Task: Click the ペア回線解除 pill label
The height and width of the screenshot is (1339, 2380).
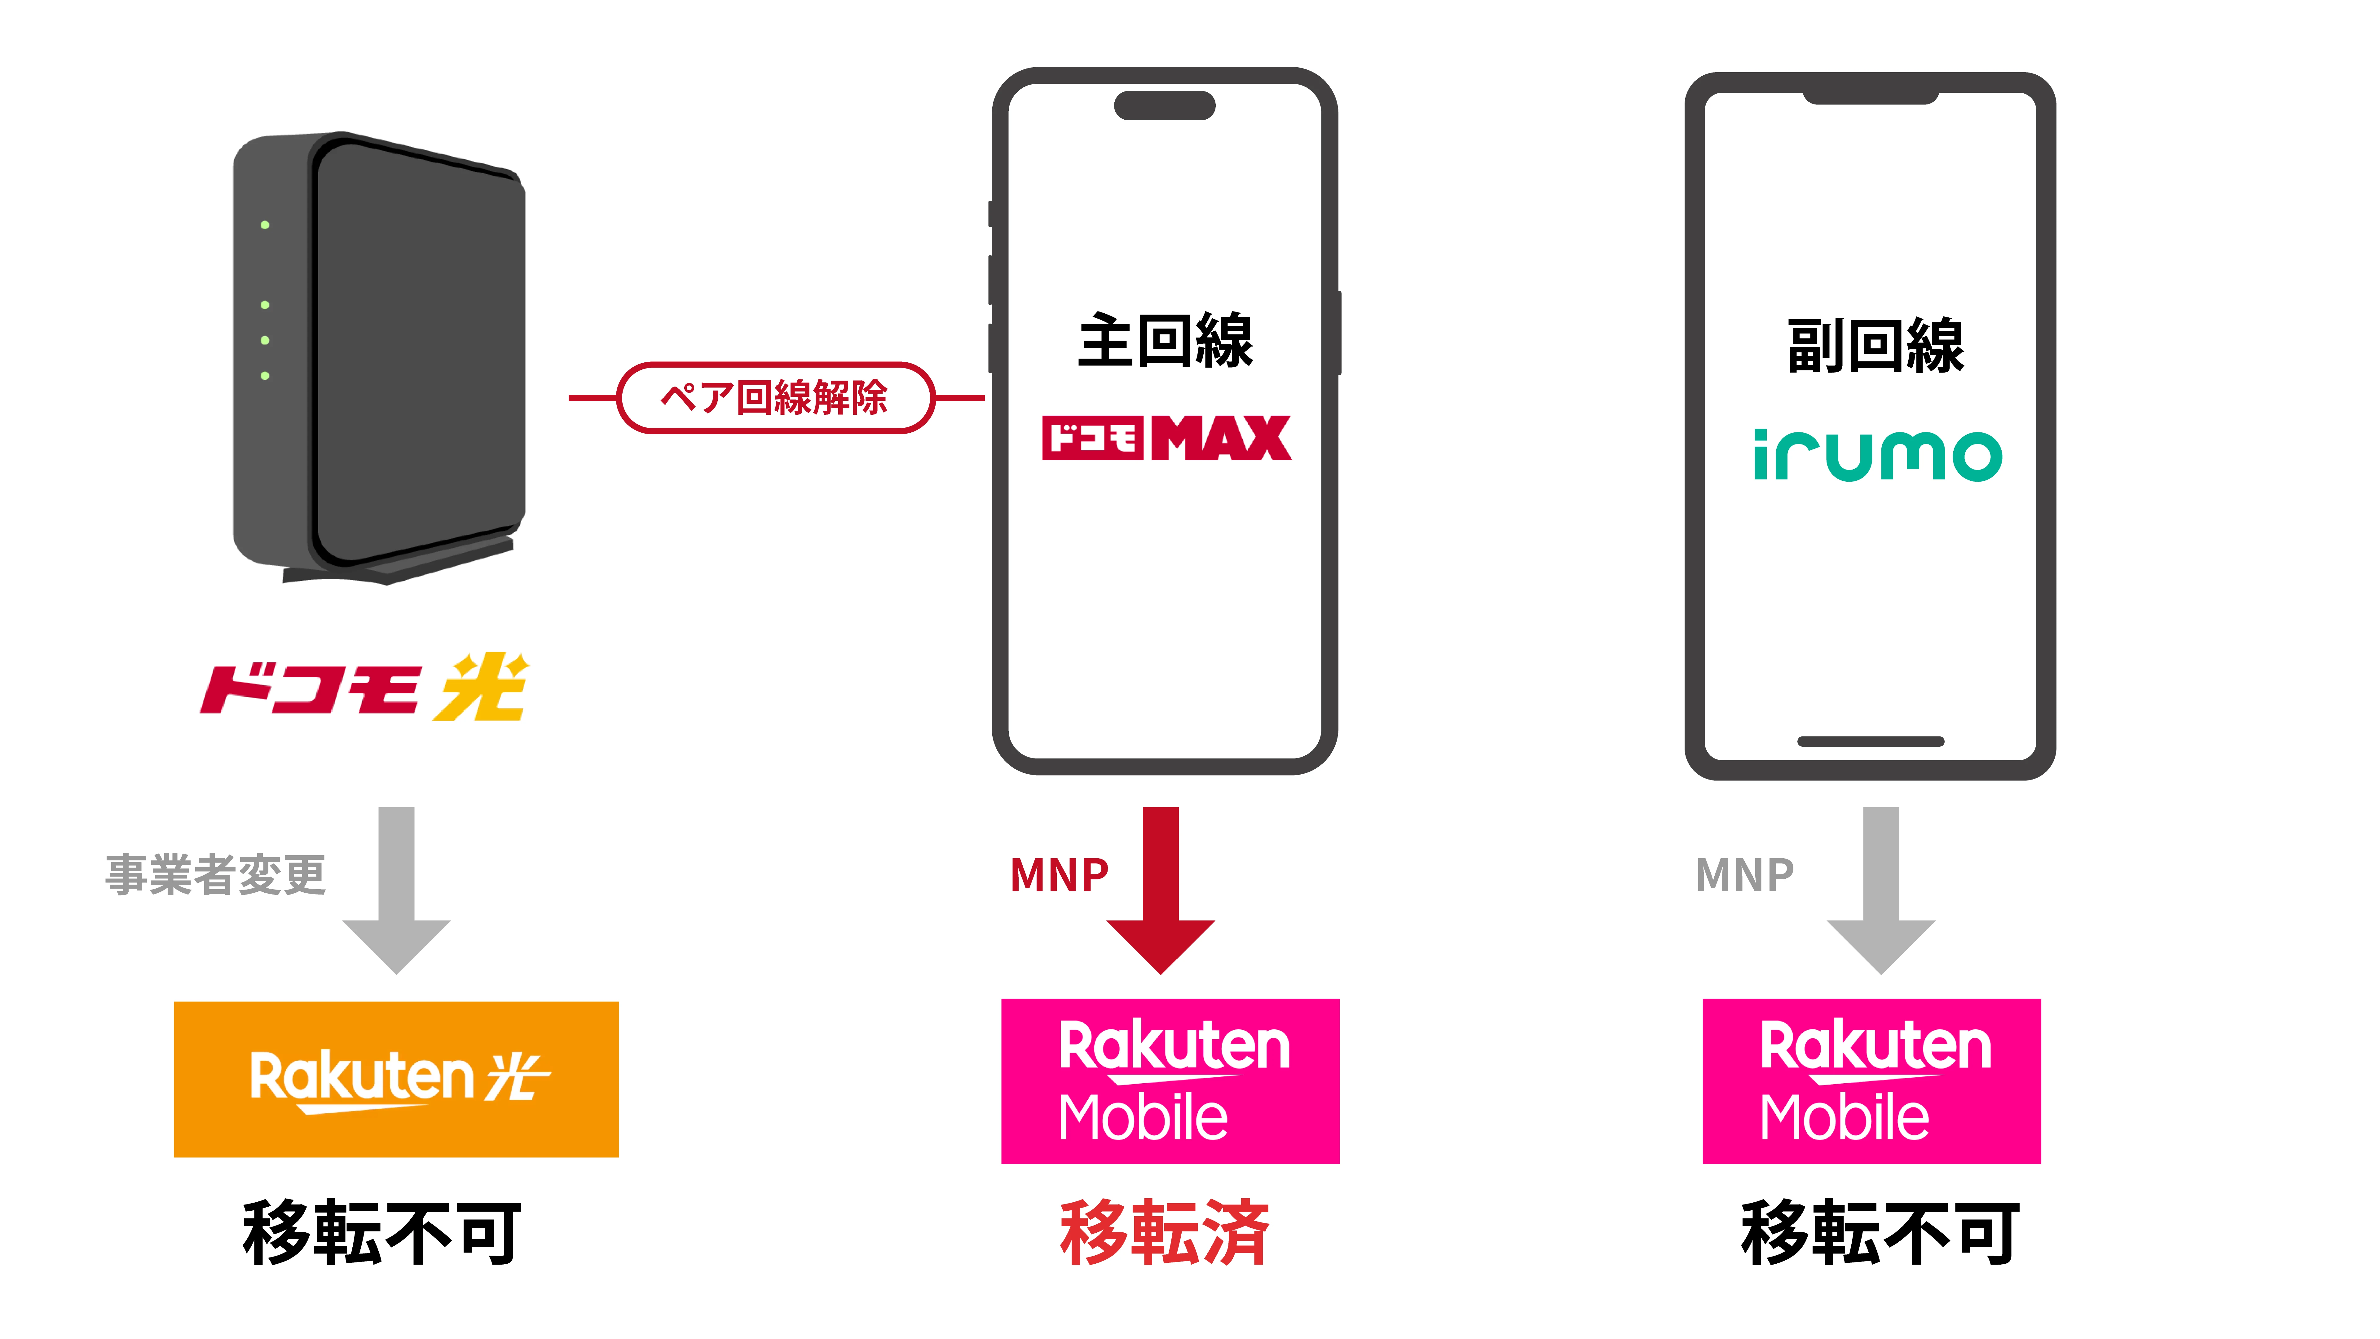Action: pos(774,397)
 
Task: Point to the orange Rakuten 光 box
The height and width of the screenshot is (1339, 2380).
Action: pos(396,1078)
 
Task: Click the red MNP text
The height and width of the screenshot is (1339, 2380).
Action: pos(1059,874)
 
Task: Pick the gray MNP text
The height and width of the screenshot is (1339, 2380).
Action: pos(1744,874)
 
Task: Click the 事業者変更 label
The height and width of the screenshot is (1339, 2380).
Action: pos(215,874)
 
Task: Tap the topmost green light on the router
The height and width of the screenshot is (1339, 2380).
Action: pos(265,224)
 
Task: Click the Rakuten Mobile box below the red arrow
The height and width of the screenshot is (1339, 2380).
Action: pos(1170,1080)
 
